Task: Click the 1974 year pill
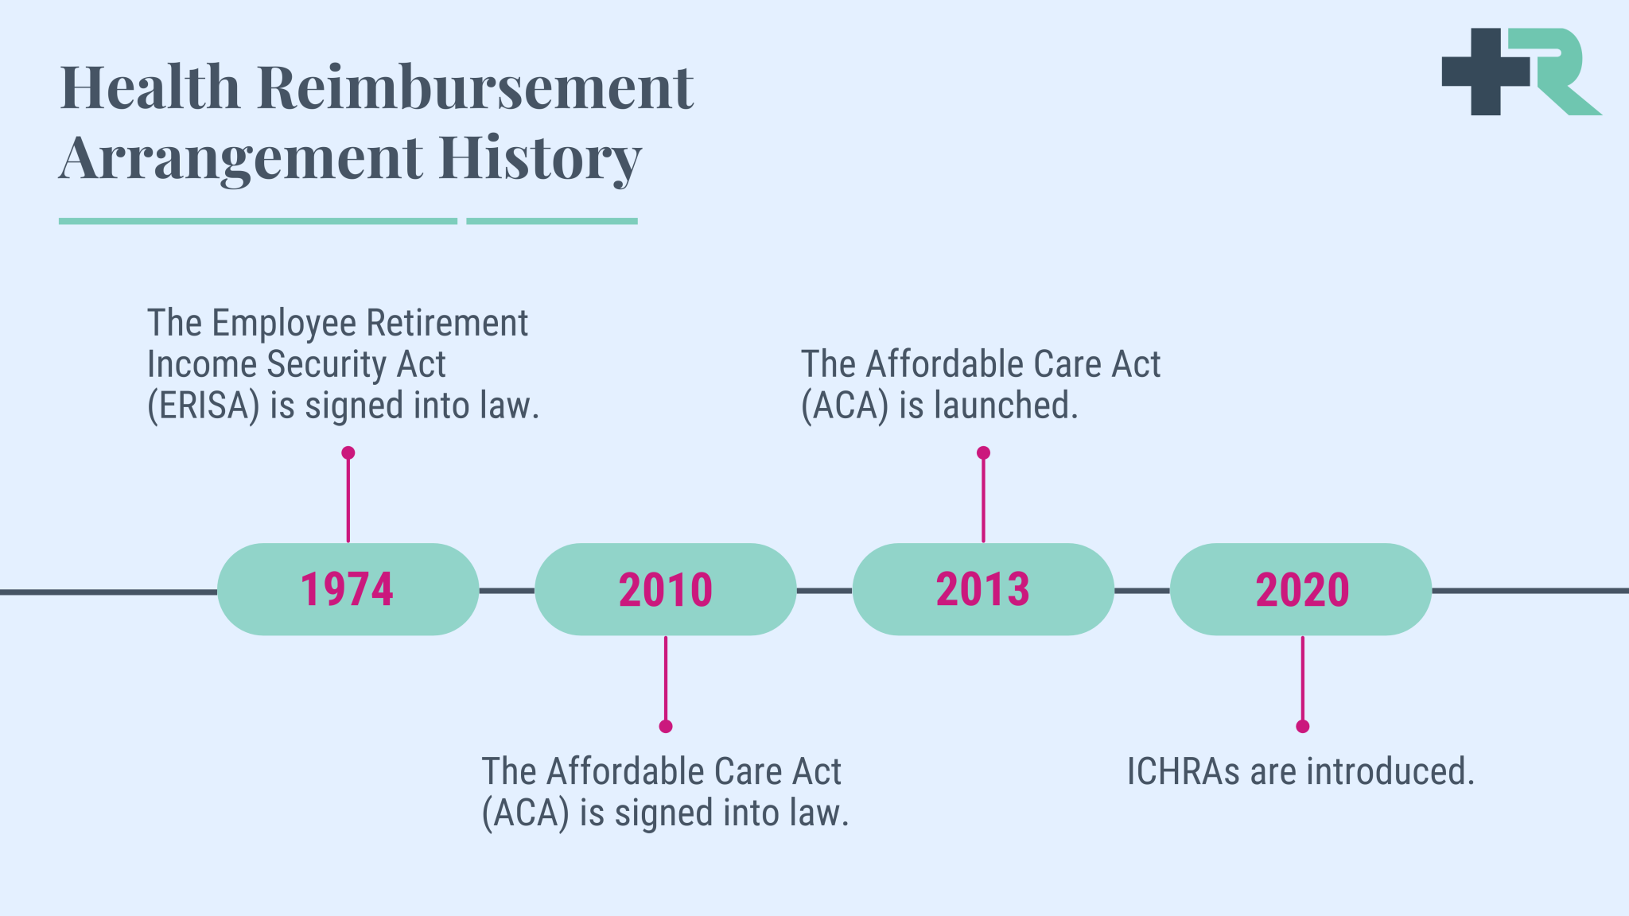[x=348, y=589]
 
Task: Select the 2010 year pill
[x=666, y=589]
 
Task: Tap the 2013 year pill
[x=983, y=589]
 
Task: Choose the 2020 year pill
[x=1301, y=589]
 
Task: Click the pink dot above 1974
[x=348, y=452]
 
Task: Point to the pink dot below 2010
[x=666, y=726]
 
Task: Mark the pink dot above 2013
[x=983, y=452]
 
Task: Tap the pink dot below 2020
[x=1302, y=726]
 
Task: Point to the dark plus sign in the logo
[x=1486, y=72]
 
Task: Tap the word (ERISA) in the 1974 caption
[x=204, y=406]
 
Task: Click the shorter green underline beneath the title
[x=552, y=221]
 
